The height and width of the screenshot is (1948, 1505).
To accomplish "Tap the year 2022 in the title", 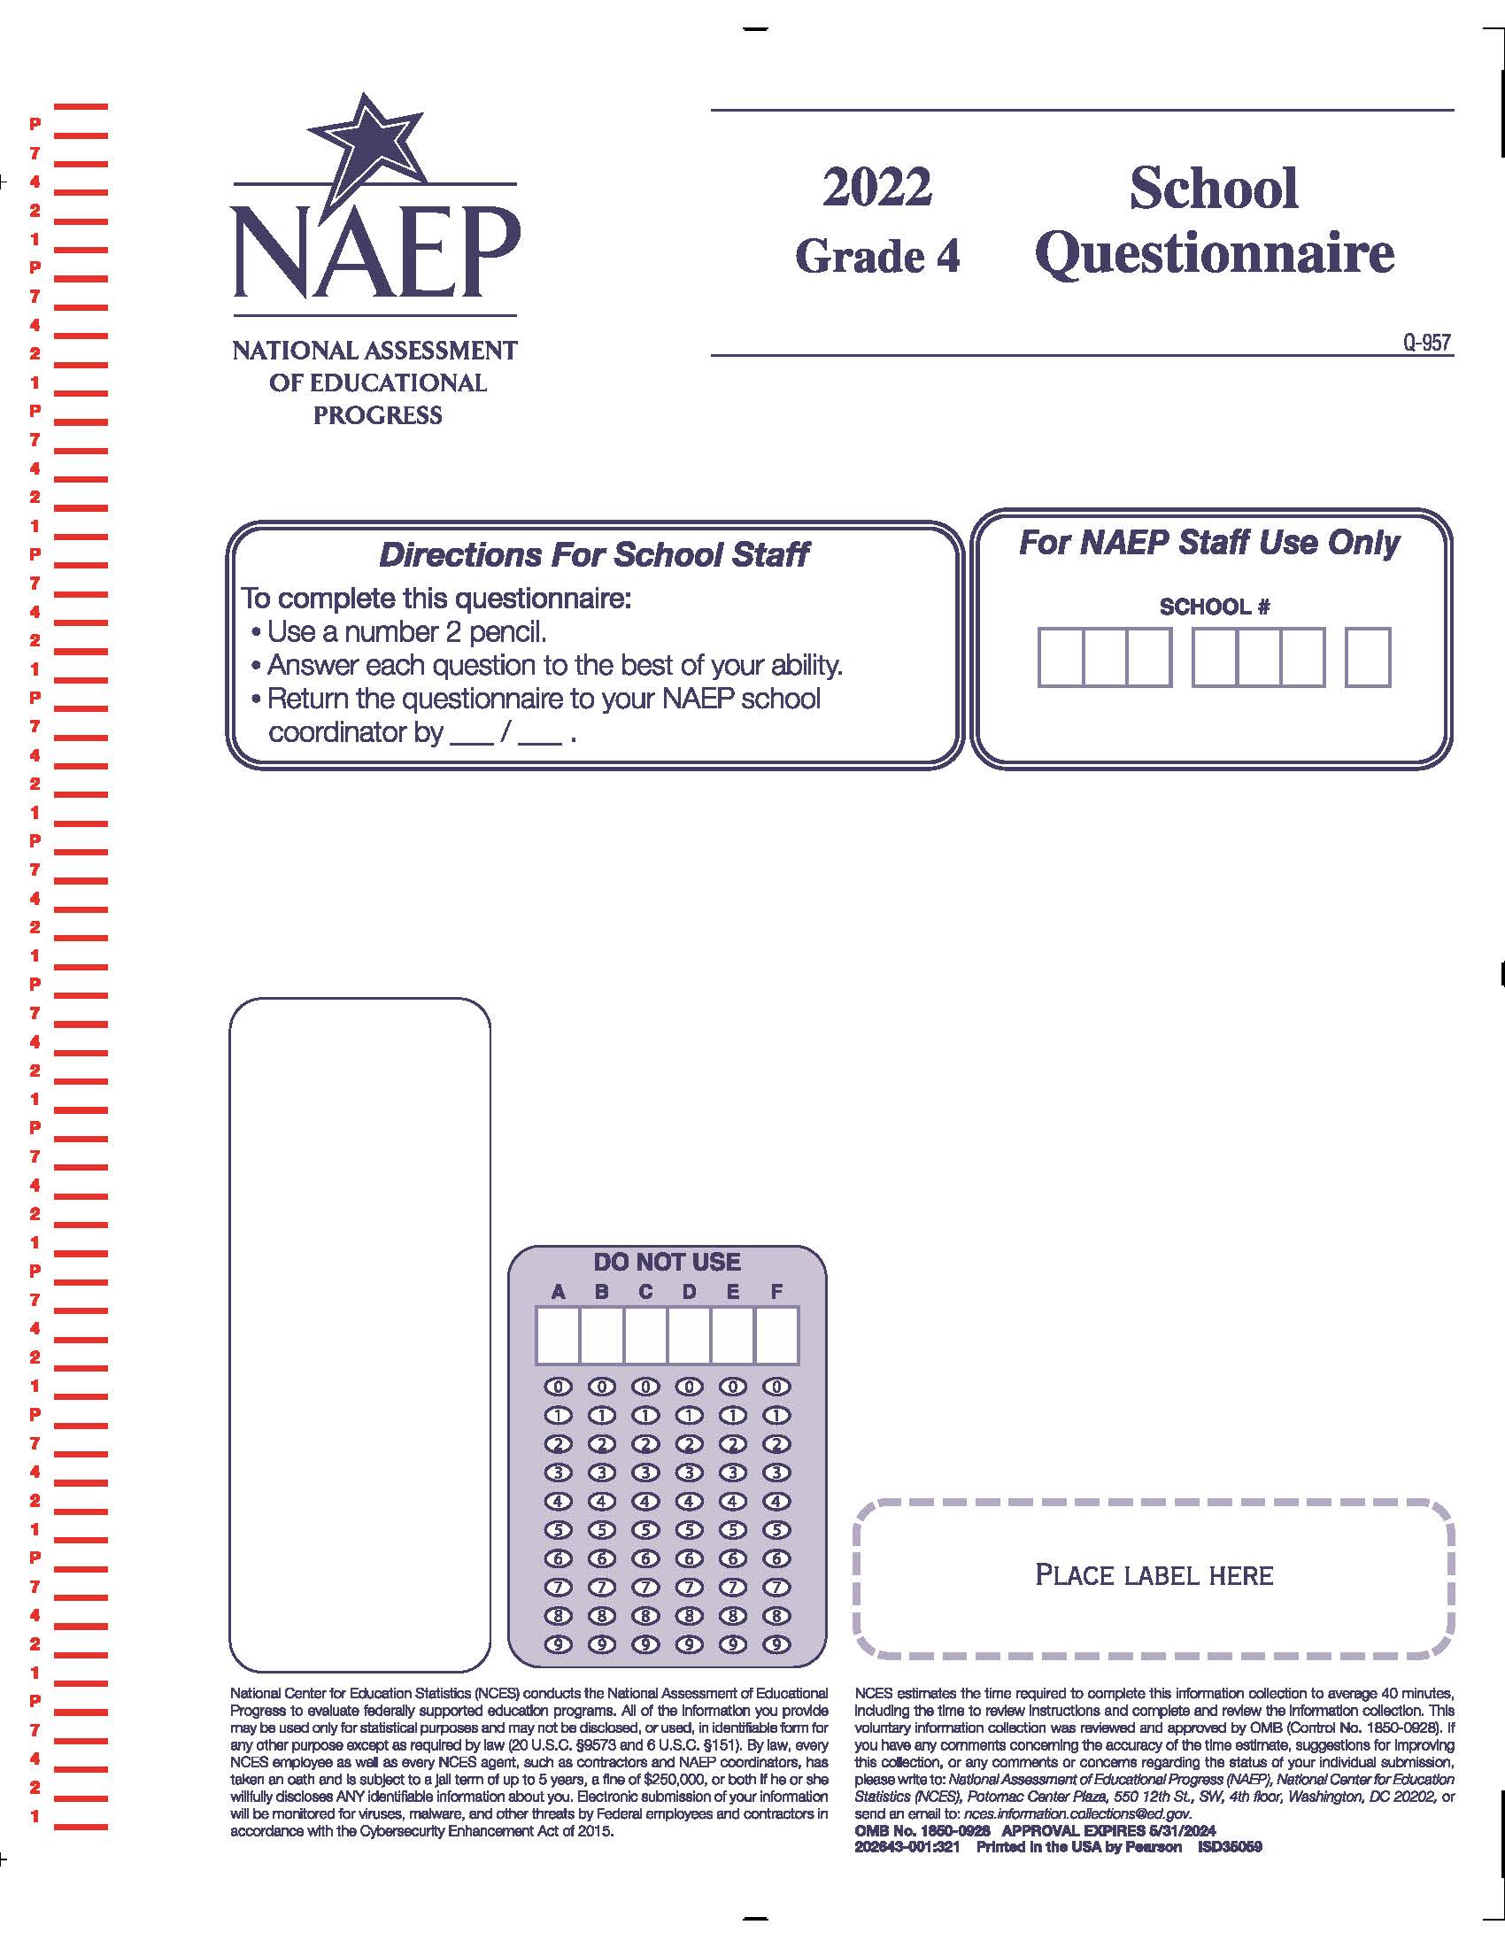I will coord(876,188).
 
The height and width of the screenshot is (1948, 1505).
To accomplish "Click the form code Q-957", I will coord(1426,343).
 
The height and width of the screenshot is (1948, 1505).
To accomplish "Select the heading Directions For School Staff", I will coord(594,555).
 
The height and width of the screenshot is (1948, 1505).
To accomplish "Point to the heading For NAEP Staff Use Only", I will coord(1209,542).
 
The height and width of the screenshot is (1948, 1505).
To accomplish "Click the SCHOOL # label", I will coord(1215,607).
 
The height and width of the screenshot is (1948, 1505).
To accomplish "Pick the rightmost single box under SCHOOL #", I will coord(1368,657).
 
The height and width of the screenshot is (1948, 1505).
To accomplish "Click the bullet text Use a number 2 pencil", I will coord(406,632).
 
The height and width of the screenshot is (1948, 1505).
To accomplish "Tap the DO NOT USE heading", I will coord(667,1262).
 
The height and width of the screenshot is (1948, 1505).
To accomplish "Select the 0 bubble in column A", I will coord(558,1387).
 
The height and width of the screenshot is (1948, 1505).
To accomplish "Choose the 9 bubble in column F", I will coord(776,1645).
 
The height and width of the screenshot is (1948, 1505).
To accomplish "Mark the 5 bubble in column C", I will coord(645,1531).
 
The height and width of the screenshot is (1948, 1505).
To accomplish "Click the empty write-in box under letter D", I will coord(689,1335).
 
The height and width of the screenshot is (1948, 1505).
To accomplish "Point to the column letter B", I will coord(602,1292).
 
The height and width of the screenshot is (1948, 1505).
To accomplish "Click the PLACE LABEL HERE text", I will coord(1154,1575).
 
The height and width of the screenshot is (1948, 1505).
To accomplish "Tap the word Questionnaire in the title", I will coord(1215,253).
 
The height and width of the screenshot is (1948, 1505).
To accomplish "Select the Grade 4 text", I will coord(877,257).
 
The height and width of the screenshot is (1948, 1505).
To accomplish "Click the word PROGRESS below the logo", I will coord(377,415).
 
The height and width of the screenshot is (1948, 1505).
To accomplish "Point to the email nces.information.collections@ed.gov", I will coord(1077,1813).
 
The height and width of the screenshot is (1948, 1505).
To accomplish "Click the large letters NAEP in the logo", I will coord(374,253).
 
